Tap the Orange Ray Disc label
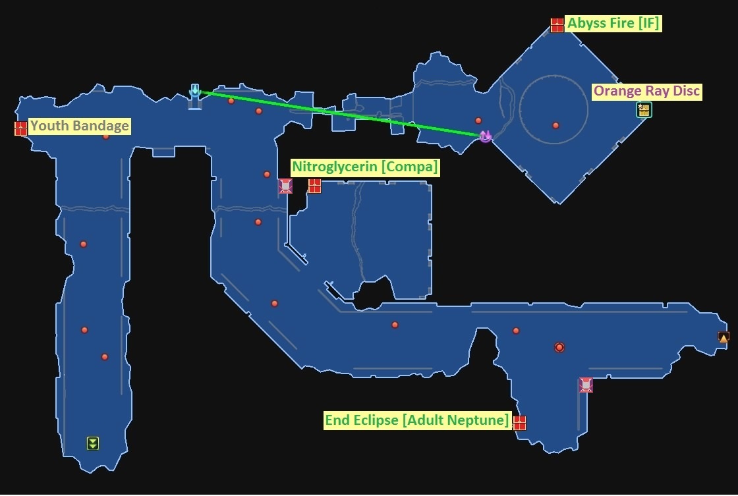pyautogui.click(x=646, y=91)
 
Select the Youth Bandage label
pyautogui.click(x=80, y=126)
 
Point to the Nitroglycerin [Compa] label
pyautogui.click(x=365, y=167)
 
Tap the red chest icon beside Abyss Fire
pyautogui.click(x=557, y=25)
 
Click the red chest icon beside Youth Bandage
pyautogui.click(x=20, y=128)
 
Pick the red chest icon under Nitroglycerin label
pyautogui.click(x=314, y=186)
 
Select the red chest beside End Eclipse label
pyautogui.click(x=520, y=422)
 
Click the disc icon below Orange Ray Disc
pyautogui.click(x=644, y=110)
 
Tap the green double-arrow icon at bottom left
pyautogui.click(x=92, y=443)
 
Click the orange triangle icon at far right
pyautogui.click(x=723, y=337)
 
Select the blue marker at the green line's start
pyautogui.click(x=194, y=91)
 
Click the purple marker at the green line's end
pyautogui.click(x=486, y=136)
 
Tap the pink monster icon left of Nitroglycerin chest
pyautogui.click(x=285, y=186)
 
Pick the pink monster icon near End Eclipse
pyautogui.click(x=585, y=385)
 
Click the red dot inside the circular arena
pyautogui.click(x=555, y=125)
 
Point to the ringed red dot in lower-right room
pyautogui.click(x=559, y=347)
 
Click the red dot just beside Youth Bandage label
pyautogui.click(x=105, y=136)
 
